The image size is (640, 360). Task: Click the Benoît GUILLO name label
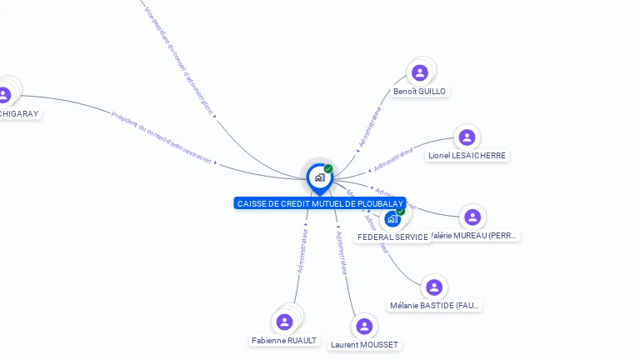pos(419,91)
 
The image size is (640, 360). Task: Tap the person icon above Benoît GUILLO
pos(420,72)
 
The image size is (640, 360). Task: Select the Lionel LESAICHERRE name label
pos(467,155)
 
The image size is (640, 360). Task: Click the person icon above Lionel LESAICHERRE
pos(467,137)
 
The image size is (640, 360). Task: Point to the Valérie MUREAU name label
pos(476,236)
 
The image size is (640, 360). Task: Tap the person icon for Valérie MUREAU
pos(472,217)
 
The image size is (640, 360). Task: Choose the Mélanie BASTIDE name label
pos(434,305)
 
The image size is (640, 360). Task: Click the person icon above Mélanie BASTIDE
pos(433,287)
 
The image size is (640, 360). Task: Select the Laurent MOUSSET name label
pos(364,344)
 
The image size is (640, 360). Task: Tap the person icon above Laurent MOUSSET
pos(364,326)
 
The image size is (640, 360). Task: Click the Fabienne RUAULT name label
pos(284,340)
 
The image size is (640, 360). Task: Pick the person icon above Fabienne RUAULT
pos(284,322)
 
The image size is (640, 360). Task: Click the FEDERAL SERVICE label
pos(392,237)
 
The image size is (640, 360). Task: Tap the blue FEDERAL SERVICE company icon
pos(392,219)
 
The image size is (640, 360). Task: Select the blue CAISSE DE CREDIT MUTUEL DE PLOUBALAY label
pos(320,203)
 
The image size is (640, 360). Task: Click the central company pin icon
pos(319,177)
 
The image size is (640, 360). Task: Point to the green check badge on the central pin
pos(328,168)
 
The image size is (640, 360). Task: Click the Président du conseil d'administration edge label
pos(162,137)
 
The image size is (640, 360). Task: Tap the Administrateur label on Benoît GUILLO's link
pos(369,127)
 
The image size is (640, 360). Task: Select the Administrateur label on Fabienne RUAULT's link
pos(303,251)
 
